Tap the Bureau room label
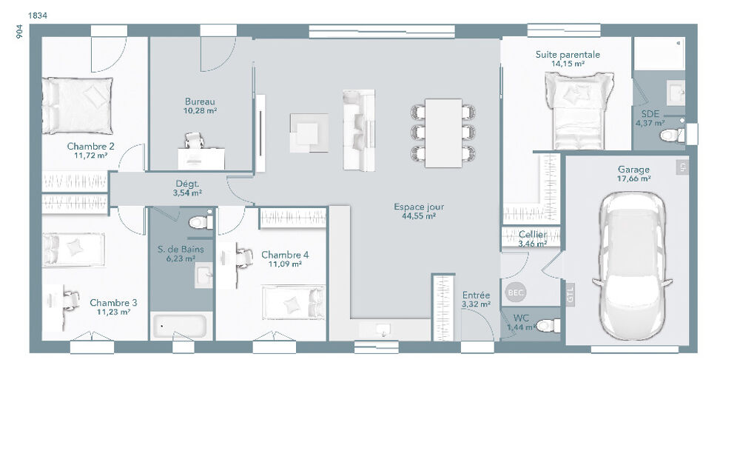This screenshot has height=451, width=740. click(200, 101)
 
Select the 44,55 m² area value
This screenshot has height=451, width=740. click(419, 217)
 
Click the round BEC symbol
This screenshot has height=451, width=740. click(515, 293)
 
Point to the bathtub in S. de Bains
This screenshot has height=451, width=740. click(181, 325)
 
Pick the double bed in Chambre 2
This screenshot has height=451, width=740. click(77, 105)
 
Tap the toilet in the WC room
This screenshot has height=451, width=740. click(546, 324)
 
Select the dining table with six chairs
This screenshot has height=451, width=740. click(443, 131)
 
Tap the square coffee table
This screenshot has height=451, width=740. click(309, 133)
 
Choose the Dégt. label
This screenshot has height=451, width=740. click(186, 184)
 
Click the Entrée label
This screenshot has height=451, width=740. click(476, 295)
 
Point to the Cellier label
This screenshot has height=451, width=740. click(532, 235)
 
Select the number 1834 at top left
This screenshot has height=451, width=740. click(38, 15)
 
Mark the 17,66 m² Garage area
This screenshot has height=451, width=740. click(633, 178)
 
